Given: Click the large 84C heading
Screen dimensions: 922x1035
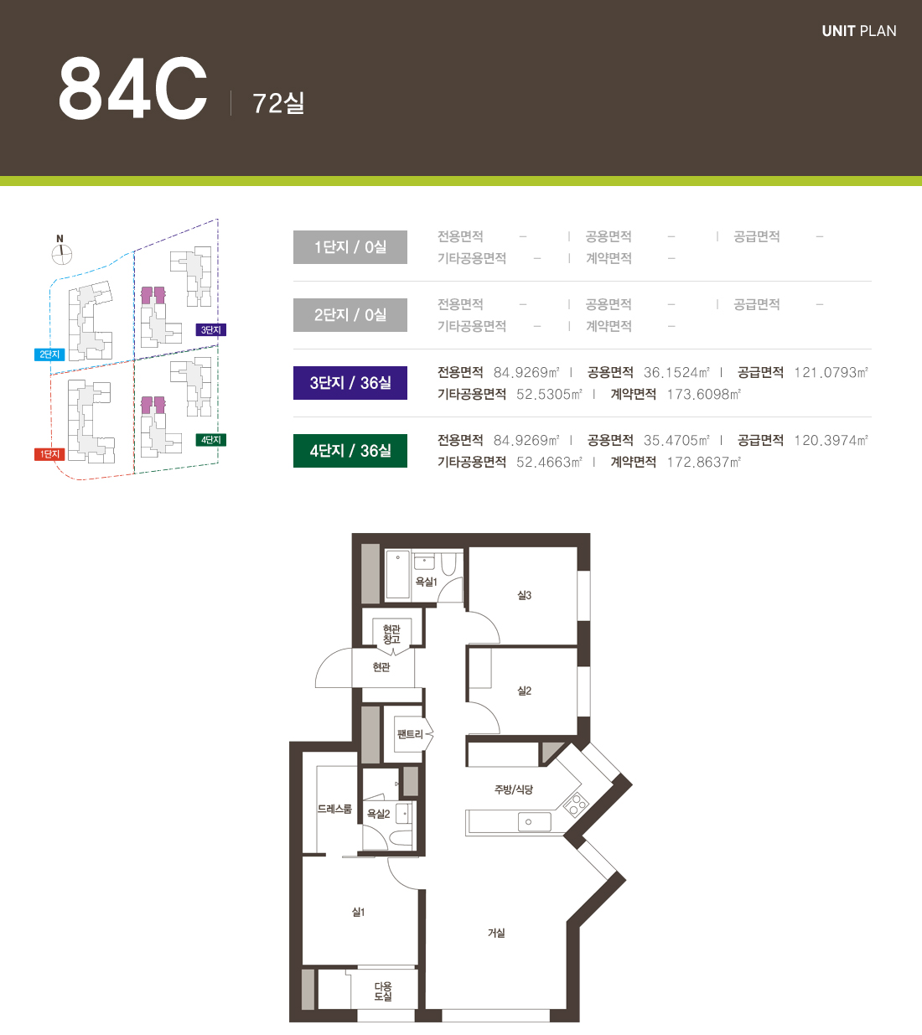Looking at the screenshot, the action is (133, 88).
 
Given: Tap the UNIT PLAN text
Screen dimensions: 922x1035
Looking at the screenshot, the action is (858, 31).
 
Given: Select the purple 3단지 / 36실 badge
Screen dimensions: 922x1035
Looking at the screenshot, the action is (350, 383).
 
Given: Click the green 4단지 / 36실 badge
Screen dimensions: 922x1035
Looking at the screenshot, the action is (350, 451).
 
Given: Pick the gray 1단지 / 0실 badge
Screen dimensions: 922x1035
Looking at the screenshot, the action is (350, 247).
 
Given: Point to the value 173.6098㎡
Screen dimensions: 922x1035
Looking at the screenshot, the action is (704, 394).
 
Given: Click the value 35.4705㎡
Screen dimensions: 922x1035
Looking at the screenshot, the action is (676, 440).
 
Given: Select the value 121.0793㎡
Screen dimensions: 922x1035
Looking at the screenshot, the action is (831, 372).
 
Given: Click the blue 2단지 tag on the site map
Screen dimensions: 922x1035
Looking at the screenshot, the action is (49, 354).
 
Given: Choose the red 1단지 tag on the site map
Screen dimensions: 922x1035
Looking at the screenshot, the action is (49, 454).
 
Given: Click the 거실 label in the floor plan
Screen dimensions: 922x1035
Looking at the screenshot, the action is (496, 933).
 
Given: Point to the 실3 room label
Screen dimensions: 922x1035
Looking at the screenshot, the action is (525, 595).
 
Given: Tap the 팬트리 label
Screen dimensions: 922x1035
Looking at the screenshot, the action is (410, 735).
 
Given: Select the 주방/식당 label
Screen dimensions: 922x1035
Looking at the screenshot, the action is (513, 789).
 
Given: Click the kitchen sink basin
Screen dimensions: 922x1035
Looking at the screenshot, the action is (535, 822).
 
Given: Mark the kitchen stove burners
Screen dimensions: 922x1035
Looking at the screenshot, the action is (576, 805).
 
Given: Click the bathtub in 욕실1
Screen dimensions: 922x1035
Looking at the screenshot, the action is (398, 574).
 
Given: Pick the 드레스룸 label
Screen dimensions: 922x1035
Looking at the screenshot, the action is (334, 809).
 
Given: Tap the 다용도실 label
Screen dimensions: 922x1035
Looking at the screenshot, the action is (383, 991).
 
